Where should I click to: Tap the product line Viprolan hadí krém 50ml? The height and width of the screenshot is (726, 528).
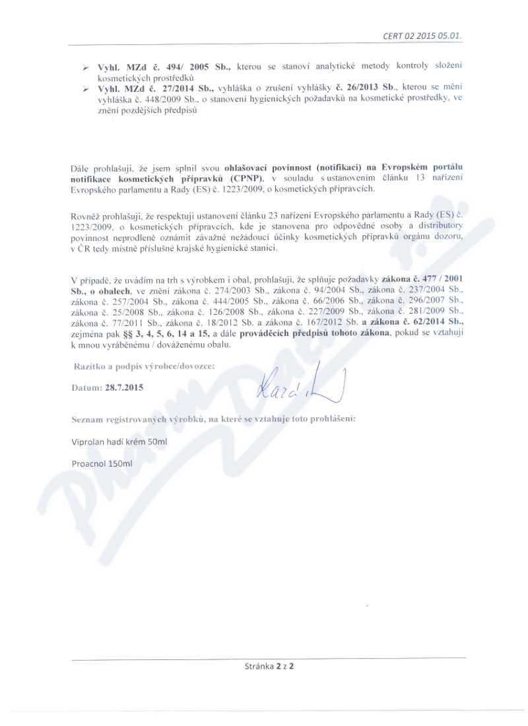click(119, 442)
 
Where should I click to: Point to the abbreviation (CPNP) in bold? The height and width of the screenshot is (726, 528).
click(243, 178)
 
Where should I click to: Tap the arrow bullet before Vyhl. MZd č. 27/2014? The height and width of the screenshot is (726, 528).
click(85, 88)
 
